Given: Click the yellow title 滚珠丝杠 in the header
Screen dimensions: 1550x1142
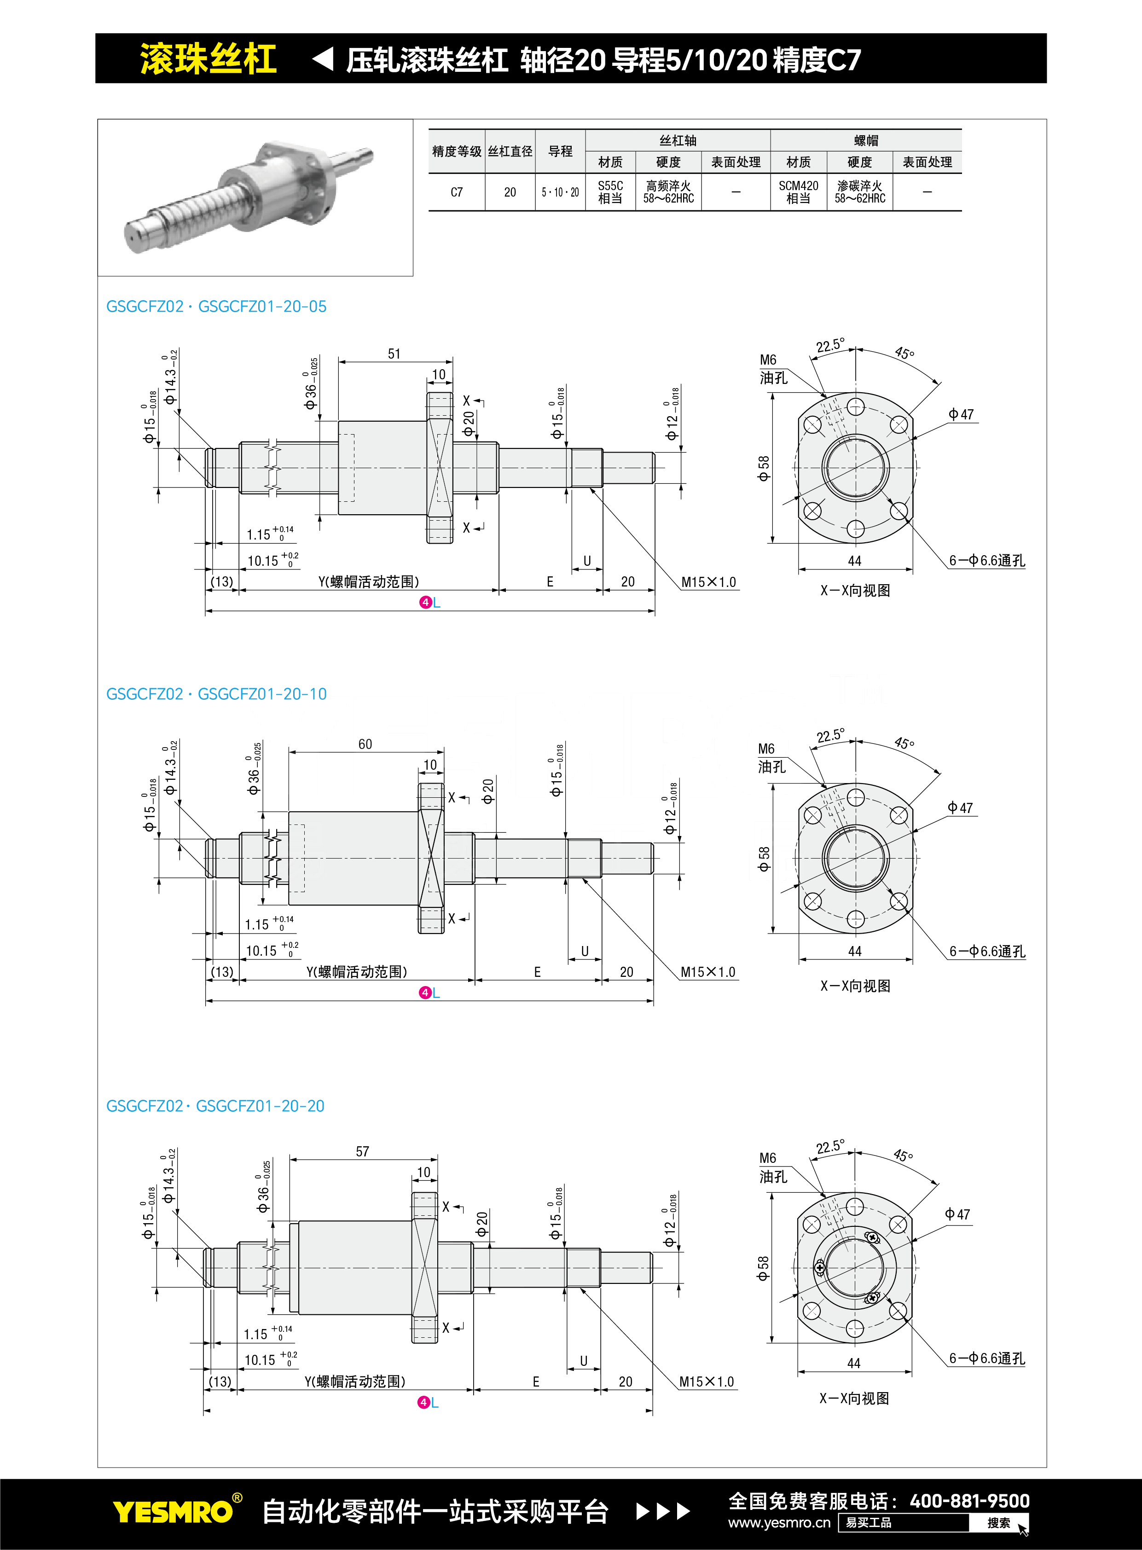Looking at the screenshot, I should click(208, 59).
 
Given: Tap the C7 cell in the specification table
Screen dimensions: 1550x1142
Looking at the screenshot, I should click(456, 192).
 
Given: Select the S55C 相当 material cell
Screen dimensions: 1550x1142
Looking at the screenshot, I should click(610, 192).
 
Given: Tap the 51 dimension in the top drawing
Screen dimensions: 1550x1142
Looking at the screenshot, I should click(394, 354).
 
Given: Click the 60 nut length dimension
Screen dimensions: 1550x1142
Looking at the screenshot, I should click(365, 744).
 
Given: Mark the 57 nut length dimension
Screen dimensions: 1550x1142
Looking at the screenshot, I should click(362, 1152).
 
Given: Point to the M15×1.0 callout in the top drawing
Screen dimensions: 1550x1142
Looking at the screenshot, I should click(708, 582).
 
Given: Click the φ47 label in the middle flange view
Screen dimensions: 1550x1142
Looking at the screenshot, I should click(960, 807).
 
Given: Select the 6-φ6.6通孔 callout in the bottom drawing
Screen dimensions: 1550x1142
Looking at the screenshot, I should click(986, 1358).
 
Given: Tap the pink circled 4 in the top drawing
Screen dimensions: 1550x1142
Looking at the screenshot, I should click(425, 602).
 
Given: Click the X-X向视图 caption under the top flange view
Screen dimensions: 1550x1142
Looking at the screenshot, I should click(855, 591).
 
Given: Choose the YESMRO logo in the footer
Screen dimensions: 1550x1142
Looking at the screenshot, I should click(173, 1512).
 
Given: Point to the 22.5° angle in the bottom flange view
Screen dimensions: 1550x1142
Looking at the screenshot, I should click(829, 1148).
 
